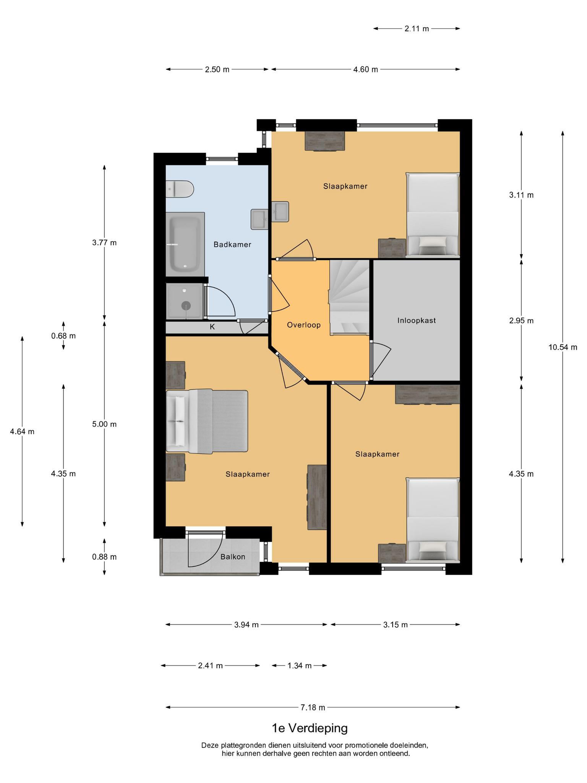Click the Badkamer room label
(232, 245)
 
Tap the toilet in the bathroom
(180, 189)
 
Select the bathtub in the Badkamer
(185, 244)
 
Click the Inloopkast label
(417, 320)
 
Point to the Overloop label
(304, 325)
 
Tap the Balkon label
(233, 557)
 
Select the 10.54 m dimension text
(563, 348)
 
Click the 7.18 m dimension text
(313, 708)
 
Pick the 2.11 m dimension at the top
(417, 28)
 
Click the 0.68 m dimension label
(63, 336)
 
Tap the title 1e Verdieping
(310, 728)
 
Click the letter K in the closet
(212, 327)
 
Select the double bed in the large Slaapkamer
(207, 421)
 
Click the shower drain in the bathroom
(186, 305)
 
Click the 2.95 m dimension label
(521, 321)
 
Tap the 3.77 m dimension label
(104, 243)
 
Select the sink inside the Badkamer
(260, 219)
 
